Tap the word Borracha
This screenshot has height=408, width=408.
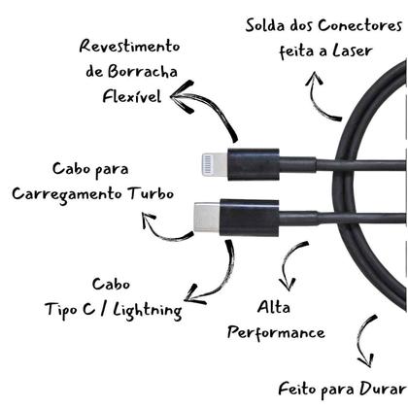[145, 71]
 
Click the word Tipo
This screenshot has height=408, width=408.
[61, 310]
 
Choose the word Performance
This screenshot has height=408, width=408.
[276, 333]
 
